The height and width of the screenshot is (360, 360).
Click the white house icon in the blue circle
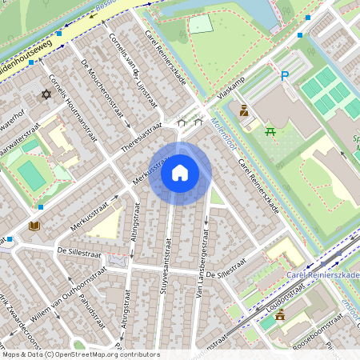point(180,173)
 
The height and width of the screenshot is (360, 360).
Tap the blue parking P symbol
point(284,77)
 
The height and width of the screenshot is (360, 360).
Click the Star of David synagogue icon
point(46,95)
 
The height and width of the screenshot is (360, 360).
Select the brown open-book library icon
point(34,226)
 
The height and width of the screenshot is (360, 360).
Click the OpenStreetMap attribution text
point(81,354)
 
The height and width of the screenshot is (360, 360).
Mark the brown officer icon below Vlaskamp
point(245,111)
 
